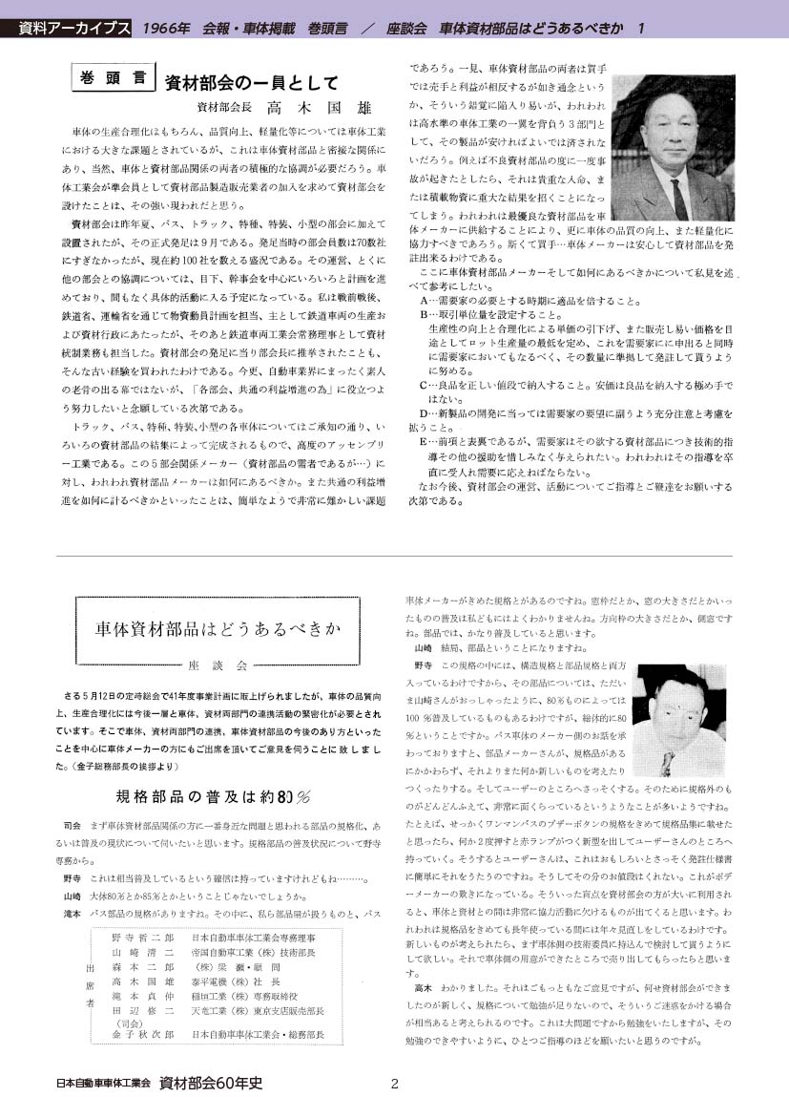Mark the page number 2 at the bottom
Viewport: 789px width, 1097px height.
(394, 1083)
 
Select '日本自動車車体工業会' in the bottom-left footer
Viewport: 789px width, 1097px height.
(104, 1083)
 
